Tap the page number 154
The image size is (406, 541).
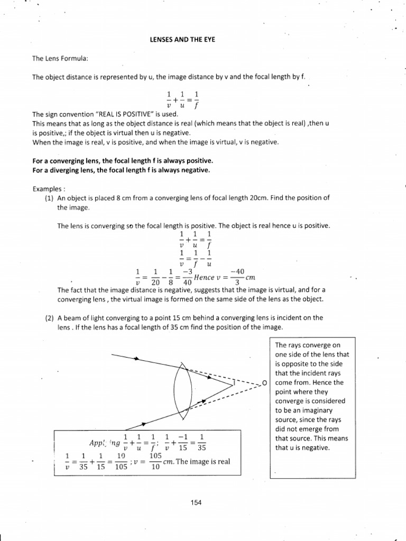coord(197,503)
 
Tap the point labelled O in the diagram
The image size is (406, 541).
coord(264,383)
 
